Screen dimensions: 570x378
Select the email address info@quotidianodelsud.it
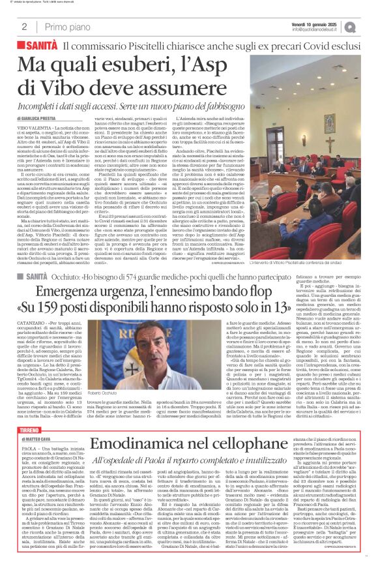[317, 29]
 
